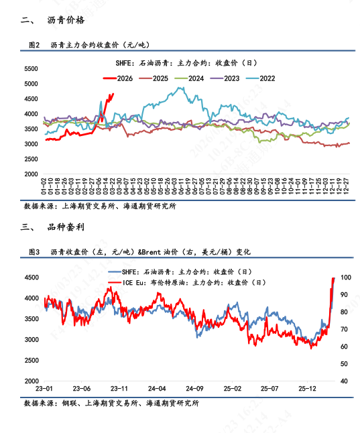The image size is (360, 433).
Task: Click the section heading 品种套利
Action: click(66, 227)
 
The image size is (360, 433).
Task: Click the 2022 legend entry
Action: click(267, 78)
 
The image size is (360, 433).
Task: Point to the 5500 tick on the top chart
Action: click(29, 69)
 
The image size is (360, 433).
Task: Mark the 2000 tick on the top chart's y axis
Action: click(29, 174)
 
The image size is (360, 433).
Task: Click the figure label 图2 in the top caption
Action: click(35, 45)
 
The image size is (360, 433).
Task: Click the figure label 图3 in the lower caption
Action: click(35, 251)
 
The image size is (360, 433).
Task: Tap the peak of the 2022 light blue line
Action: click(179, 87)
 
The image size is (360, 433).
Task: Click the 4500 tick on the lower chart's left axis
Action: click(29, 277)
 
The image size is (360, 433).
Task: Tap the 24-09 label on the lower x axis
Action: click(194, 388)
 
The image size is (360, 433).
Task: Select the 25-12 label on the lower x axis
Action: click(307, 388)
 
